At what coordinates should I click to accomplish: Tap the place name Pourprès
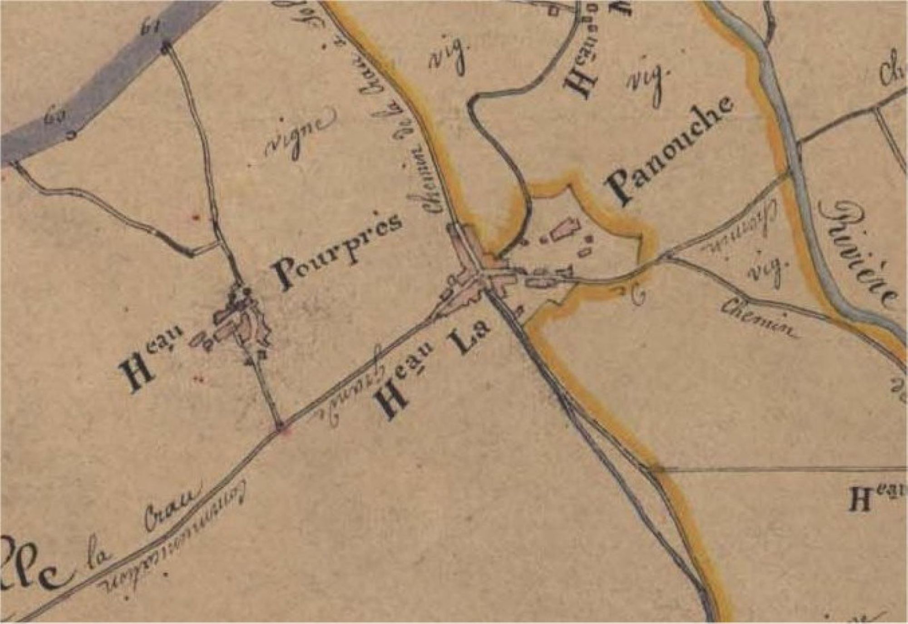click(338, 252)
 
